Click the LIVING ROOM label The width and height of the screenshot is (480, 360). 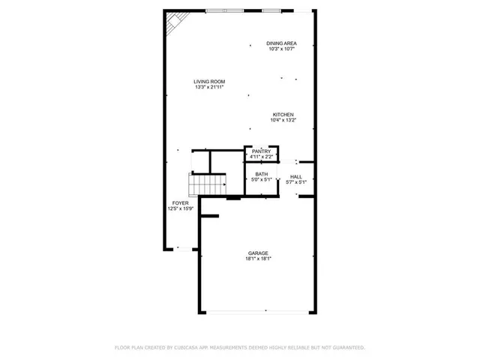(209, 82)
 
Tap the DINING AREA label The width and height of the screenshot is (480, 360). (281, 43)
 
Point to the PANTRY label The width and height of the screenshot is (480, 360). (261, 151)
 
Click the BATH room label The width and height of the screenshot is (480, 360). (260, 174)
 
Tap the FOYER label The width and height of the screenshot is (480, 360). (180, 203)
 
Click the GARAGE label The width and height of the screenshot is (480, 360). (259, 253)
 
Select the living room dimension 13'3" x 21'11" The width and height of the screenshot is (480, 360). (209, 88)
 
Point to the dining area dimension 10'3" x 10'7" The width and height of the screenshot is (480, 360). (281, 49)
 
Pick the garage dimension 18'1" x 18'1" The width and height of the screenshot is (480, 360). (259, 259)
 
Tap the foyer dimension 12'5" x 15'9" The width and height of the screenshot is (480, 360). (180, 209)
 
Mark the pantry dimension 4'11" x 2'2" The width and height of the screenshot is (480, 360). (261, 157)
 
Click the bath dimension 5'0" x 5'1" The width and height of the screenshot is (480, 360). (260, 180)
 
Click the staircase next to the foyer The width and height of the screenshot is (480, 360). (207, 182)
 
